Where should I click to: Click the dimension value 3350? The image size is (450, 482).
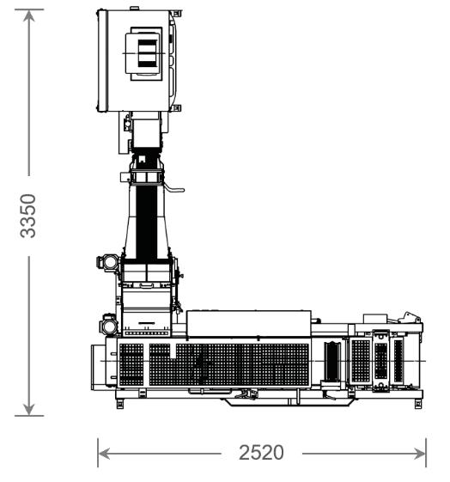pyautogui.click(x=28, y=216)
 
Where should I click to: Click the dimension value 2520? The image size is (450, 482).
pyautogui.click(x=261, y=453)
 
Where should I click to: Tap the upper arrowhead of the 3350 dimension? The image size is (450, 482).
pyautogui.click(x=29, y=15)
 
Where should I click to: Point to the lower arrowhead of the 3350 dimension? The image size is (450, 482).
pyautogui.click(x=29, y=410)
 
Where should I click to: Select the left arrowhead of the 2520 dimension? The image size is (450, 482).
pyautogui.click(x=104, y=454)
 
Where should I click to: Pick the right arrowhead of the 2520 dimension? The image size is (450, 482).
pyautogui.click(x=420, y=454)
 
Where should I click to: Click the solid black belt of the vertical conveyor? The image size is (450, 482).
pyautogui.click(x=147, y=222)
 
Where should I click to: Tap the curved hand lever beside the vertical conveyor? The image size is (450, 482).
pyautogui.click(x=173, y=187)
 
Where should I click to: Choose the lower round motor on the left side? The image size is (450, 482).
pyautogui.click(x=108, y=325)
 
